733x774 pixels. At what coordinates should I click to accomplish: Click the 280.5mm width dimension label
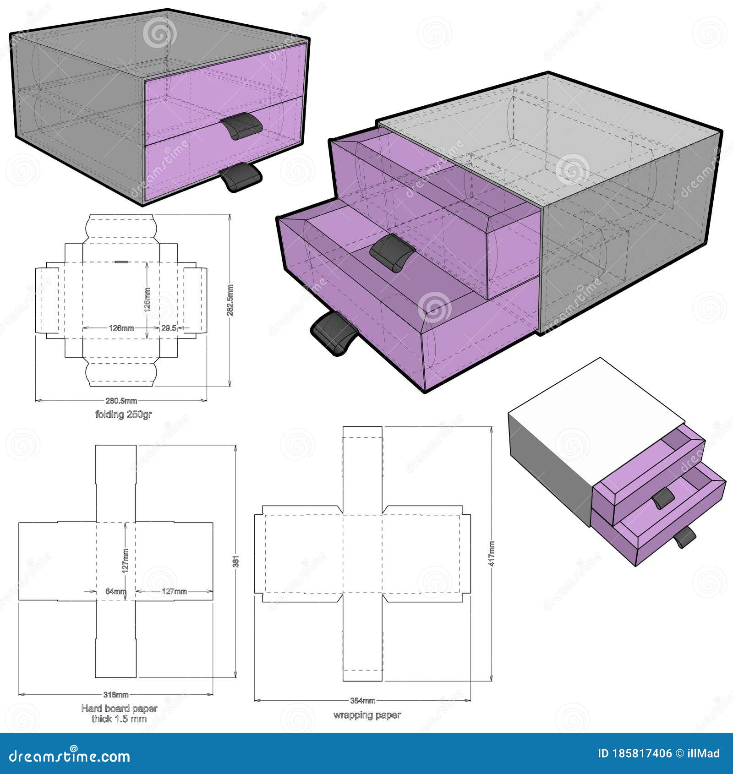click(121, 401)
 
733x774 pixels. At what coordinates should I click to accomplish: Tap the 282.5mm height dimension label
click(230, 300)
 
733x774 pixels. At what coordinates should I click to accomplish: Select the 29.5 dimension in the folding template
click(169, 328)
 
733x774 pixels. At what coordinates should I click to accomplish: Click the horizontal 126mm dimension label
click(121, 328)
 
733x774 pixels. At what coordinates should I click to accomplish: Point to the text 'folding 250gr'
click(123, 414)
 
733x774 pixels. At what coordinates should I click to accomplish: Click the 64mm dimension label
click(115, 591)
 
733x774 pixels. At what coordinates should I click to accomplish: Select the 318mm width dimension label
click(116, 694)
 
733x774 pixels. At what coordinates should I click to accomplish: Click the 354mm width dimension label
click(363, 713)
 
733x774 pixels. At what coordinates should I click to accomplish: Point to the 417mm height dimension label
click(492, 554)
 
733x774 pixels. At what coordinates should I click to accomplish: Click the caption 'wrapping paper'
click(367, 728)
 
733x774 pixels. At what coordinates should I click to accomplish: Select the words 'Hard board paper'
click(119, 709)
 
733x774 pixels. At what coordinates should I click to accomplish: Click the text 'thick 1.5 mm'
click(119, 719)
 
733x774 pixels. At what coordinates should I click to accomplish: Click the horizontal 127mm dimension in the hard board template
click(174, 591)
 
